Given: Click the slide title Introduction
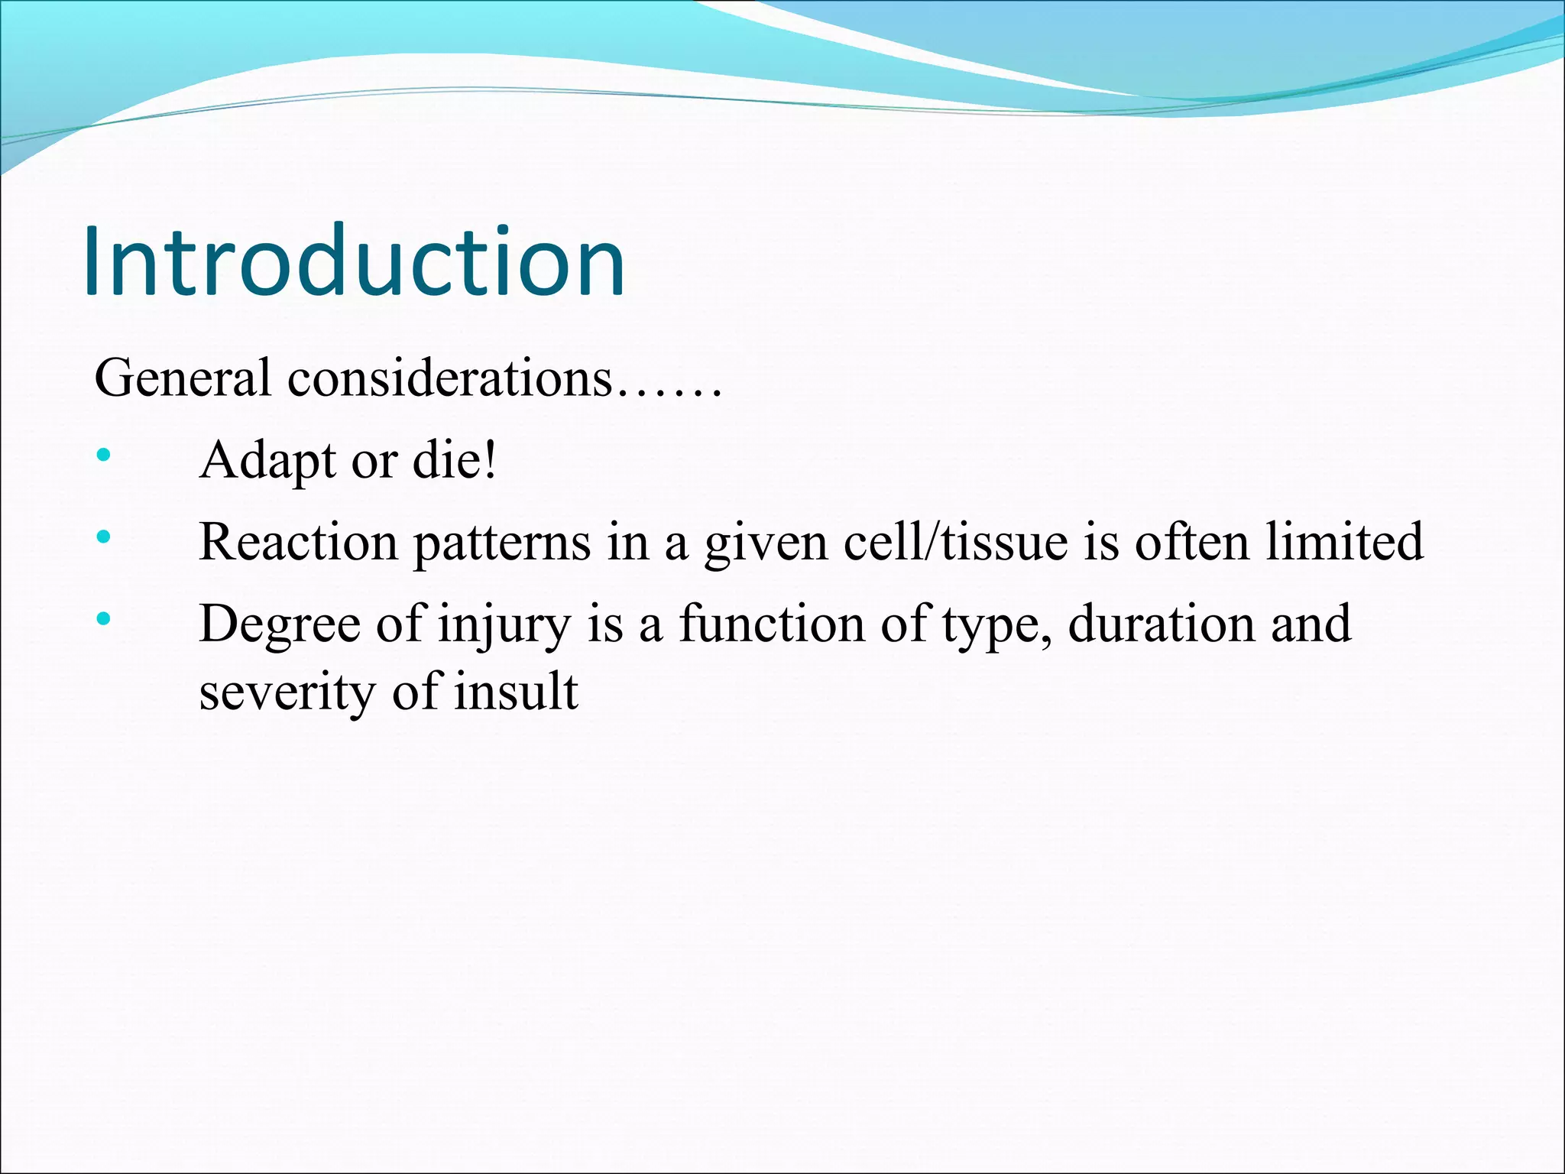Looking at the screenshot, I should [354, 261].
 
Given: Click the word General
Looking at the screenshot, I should [182, 378].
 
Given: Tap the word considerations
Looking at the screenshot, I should [449, 378].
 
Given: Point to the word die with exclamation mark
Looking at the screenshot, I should [455, 461].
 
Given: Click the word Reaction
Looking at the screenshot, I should [298, 542].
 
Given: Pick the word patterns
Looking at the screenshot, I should [502, 542].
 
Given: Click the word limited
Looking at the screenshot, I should [1345, 542].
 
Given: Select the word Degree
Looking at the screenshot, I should [280, 624].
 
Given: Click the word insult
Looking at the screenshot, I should [516, 692].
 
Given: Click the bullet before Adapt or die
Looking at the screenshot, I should [104, 456].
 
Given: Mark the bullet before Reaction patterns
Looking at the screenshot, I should [104, 537].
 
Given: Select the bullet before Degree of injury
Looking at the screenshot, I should [104, 618].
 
